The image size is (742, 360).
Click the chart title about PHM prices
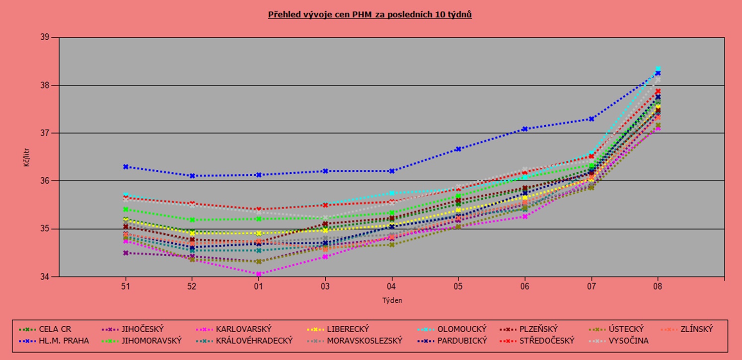pos(370,14)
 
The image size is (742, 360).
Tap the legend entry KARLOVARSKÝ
pos(243,329)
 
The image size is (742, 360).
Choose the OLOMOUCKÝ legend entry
pos(461,329)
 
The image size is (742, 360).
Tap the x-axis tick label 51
pos(126,287)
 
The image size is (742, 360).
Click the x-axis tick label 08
pos(658,287)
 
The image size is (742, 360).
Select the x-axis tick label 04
pos(392,287)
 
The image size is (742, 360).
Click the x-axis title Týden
pos(392,300)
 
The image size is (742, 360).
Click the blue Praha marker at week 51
pos(126,167)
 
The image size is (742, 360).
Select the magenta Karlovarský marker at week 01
pos(259,274)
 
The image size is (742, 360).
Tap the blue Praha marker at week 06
pos(525,129)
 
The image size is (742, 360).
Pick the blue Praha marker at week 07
pos(592,119)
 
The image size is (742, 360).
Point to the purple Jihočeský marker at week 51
pos(126,253)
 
